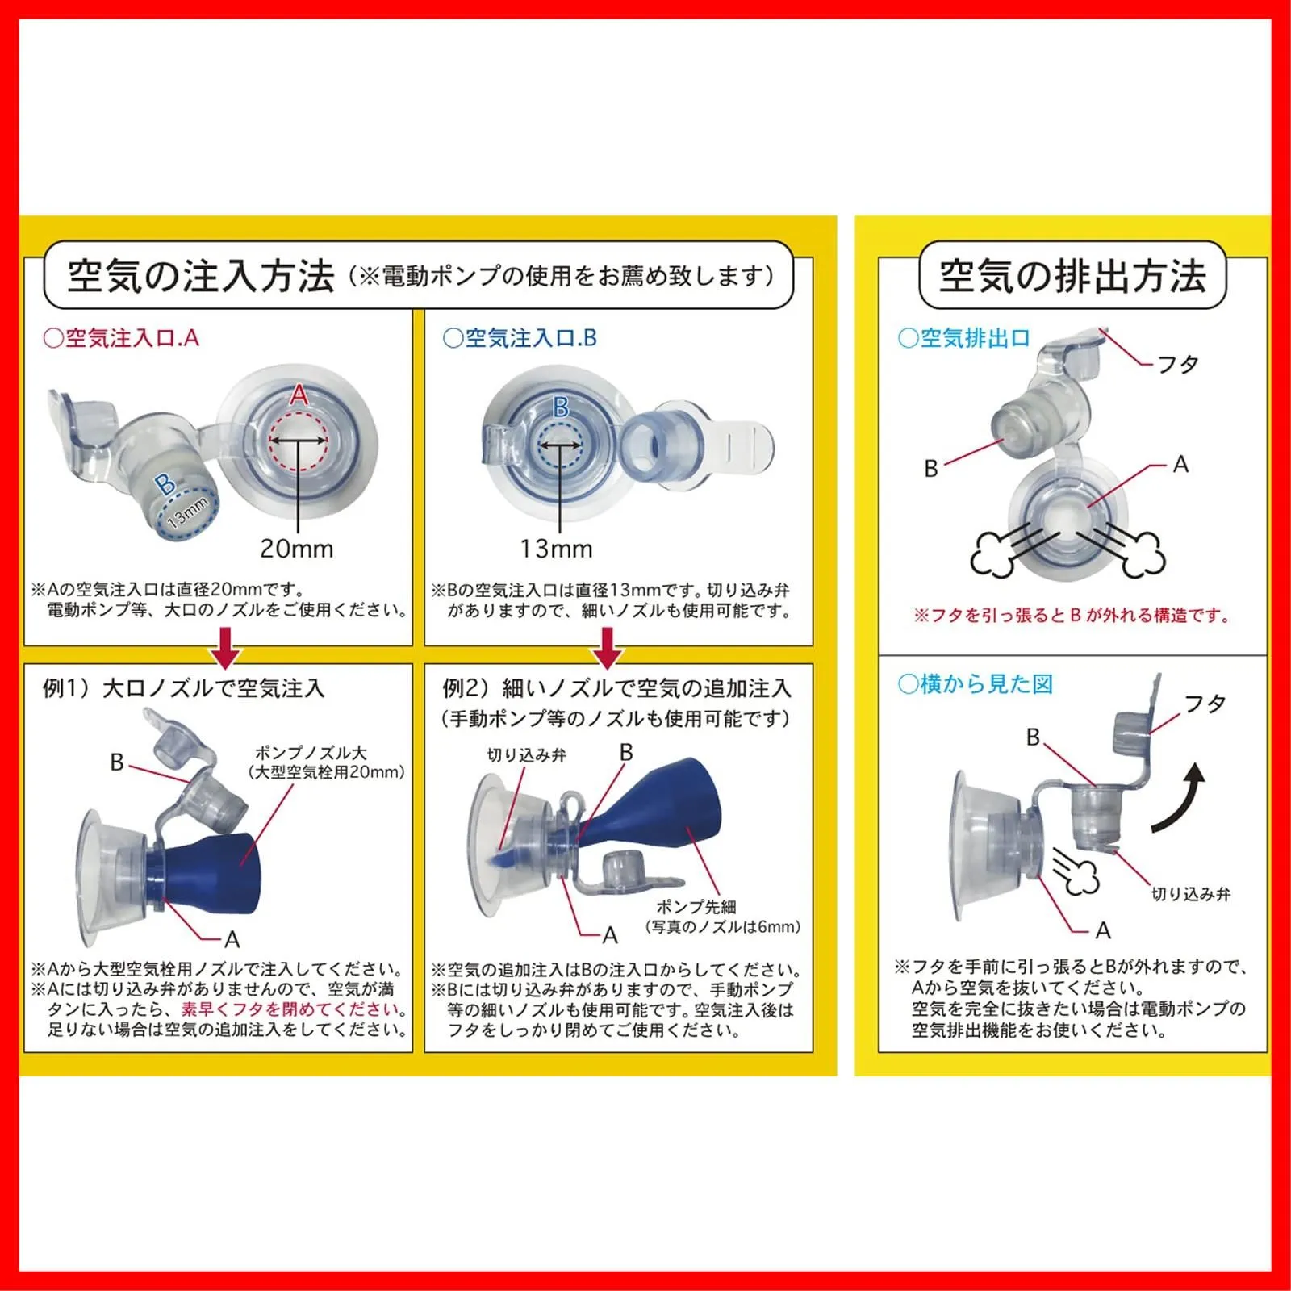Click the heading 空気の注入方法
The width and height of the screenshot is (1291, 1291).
click(x=201, y=276)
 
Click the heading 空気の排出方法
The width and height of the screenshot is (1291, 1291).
click(x=1072, y=276)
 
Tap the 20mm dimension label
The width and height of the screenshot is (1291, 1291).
click(x=296, y=549)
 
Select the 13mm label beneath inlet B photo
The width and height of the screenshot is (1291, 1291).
click(x=556, y=549)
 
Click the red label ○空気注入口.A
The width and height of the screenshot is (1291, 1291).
click(x=121, y=338)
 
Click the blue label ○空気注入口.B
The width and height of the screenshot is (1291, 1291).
click(x=520, y=338)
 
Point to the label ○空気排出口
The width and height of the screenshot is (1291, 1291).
click(x=964, y=338)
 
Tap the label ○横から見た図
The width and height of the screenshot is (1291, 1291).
click(x=976, y=684)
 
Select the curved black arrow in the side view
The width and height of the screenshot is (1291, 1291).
click(x=1178, y=799)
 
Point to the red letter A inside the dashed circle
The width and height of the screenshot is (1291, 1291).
click(x=299, y=395)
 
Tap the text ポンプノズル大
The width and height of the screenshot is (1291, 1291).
click(x=311, y=752)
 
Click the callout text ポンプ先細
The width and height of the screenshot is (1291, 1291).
click(x=696, y=907)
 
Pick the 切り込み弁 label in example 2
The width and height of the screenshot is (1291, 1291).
click(x=527, y=755)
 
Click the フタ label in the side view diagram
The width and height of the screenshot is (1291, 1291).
click(x=1205, y=704)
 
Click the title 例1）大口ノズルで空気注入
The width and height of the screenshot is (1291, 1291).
click(x=183, y=688)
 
